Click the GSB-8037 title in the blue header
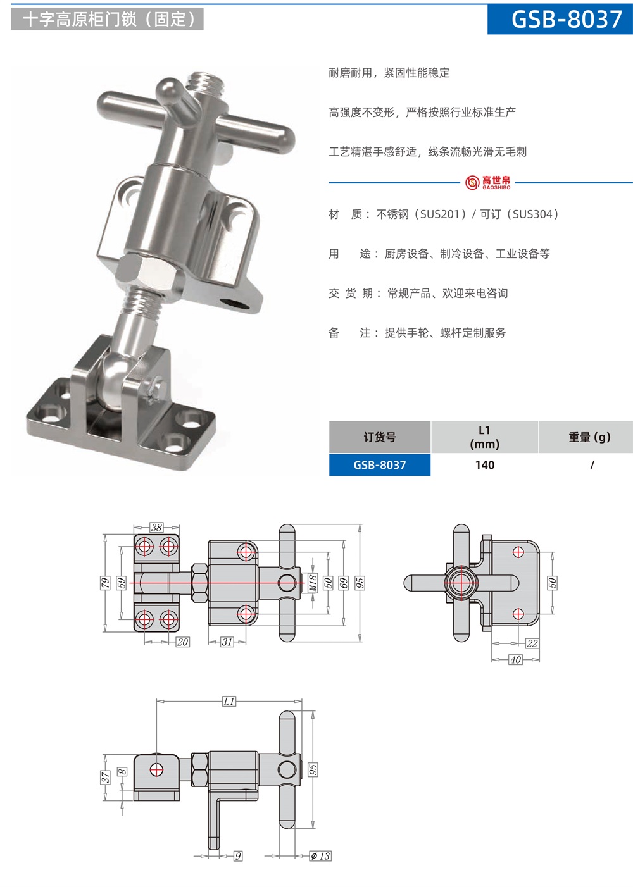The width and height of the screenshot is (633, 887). [567, 19]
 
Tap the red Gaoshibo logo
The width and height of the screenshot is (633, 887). [487, 183]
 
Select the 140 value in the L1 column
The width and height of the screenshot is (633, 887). [485, 465]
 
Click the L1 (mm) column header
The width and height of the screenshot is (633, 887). [484, 437]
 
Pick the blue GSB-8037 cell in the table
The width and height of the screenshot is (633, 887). [379, 465]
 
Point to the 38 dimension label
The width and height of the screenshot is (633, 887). [156, 528]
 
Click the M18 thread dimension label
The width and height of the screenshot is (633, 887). [313, 583]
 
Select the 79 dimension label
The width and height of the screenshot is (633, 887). [105, 583]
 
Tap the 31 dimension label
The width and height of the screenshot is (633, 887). [227, 642]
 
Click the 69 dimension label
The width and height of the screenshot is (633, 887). [344, 583]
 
